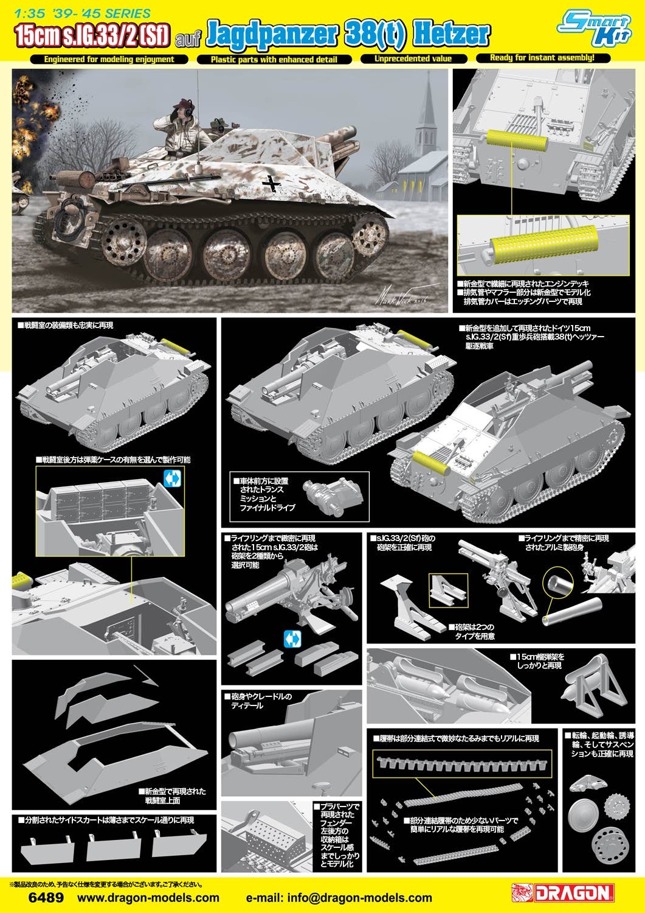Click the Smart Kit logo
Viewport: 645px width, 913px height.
coord(595,28)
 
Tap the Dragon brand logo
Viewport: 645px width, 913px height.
coord(563,893)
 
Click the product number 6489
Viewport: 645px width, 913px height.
coord(46,898)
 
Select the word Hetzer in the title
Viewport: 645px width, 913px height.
coord(451,34)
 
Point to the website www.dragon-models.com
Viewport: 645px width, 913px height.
coord(148,898)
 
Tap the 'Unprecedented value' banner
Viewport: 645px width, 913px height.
coord(413,58)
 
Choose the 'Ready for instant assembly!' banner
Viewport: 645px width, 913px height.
coord(543,58)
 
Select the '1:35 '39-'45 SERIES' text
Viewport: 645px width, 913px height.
coord(83,13)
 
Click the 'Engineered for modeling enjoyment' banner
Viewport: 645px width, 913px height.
coord(109,60)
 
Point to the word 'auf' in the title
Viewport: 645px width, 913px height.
coord(188,40)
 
